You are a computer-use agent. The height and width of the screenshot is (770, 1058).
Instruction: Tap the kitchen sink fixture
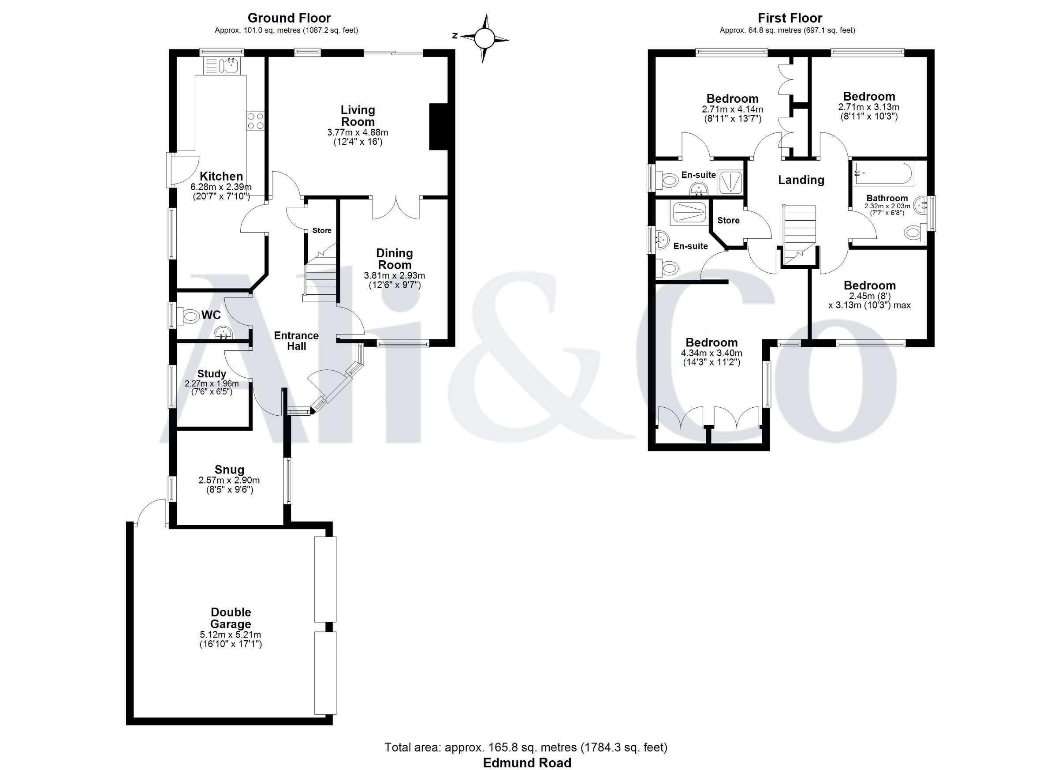(x=221, y=65)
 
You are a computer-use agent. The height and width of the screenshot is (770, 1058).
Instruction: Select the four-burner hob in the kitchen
(x=255, y=121)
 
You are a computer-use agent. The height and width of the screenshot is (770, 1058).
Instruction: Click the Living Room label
(x=358, y=116)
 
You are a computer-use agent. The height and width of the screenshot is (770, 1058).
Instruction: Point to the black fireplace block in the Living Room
(x=439, y=126)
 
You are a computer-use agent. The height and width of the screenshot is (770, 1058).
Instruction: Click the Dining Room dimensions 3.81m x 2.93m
(x=394, y=275)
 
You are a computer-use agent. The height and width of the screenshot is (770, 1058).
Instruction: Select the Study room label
(x=212, y=374)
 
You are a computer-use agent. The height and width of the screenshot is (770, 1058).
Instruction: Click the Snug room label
(x=230, y=470)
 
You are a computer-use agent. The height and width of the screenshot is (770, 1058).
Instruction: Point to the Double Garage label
(x=231, y=618)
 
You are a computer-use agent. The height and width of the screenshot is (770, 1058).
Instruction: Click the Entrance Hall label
(x=296, y=341)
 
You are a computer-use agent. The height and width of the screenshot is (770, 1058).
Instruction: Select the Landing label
(x=801, y=180)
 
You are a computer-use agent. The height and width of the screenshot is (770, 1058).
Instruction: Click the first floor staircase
(x=799, y=235)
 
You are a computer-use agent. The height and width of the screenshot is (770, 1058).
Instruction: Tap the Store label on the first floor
(x=728, y=220)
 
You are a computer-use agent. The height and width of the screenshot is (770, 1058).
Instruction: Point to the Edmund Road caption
(x=527, y=762)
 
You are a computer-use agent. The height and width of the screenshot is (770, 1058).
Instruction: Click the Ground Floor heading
(x=289, y=18)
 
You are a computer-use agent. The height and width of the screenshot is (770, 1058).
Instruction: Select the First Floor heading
(x=790, y=18)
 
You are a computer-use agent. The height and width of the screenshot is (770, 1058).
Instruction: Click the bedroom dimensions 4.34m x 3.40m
(x=712, y=353)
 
